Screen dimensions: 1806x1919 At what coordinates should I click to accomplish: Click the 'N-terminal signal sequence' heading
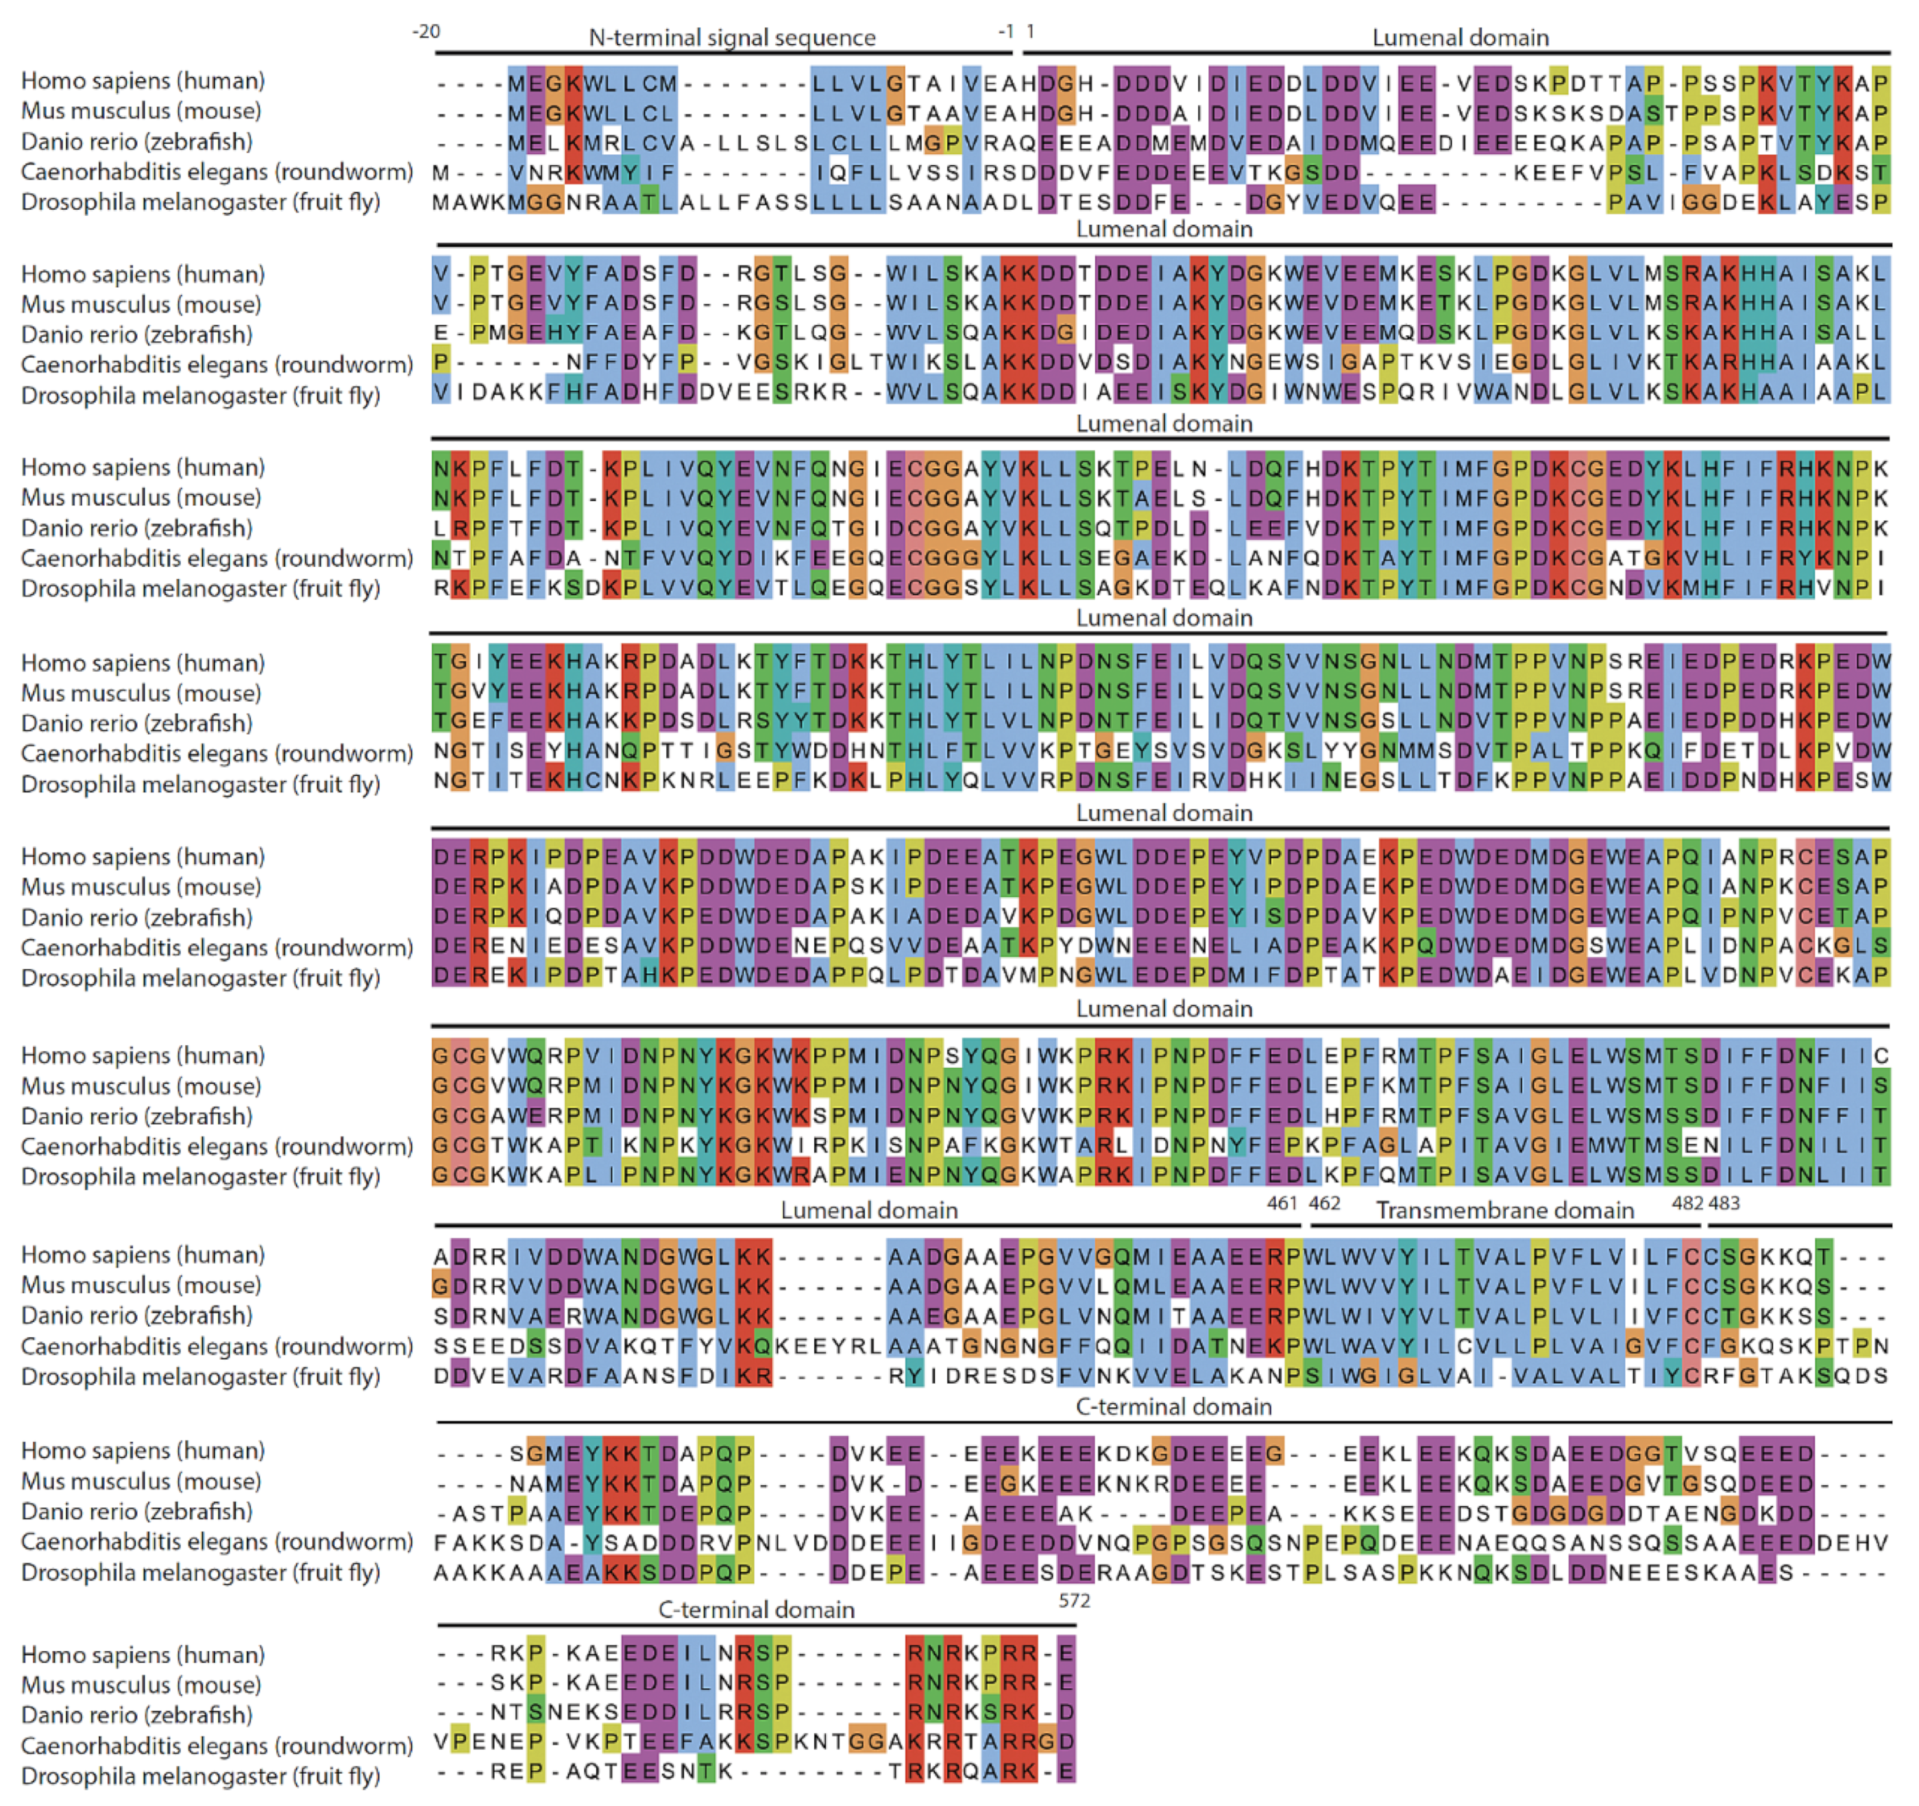pos(732,38)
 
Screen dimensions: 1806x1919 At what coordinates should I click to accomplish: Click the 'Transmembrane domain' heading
pos(1504,1210)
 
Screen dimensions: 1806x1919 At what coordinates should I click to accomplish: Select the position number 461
pos(1281,1203)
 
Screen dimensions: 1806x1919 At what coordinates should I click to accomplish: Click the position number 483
pos(1724,1203)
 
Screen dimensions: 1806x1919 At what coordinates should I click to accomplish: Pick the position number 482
pos(1687,1203)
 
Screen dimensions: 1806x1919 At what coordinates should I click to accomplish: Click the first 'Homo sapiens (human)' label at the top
pos(143,81)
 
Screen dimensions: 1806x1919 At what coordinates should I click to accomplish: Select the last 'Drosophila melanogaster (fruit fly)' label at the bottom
pos(200,1776)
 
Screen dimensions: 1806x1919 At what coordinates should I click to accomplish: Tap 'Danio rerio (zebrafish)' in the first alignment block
pos(136,142)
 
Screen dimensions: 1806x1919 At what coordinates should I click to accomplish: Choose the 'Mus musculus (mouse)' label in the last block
pos(141,1685)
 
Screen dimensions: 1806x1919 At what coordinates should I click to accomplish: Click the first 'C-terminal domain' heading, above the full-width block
pos(1173,1406)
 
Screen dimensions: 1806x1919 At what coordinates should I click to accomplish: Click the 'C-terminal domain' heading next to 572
pos(756,1609)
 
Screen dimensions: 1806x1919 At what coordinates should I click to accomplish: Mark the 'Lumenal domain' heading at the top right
pos(1460,38)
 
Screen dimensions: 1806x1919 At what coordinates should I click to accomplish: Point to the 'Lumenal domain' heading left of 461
pos(869,1210)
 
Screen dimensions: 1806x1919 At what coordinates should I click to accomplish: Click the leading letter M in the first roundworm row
pos(440,173)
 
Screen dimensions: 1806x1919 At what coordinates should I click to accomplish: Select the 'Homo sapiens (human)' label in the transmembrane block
pos(143,1255)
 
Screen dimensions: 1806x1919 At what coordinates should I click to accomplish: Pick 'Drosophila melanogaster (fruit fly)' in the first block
pos(200,203)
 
